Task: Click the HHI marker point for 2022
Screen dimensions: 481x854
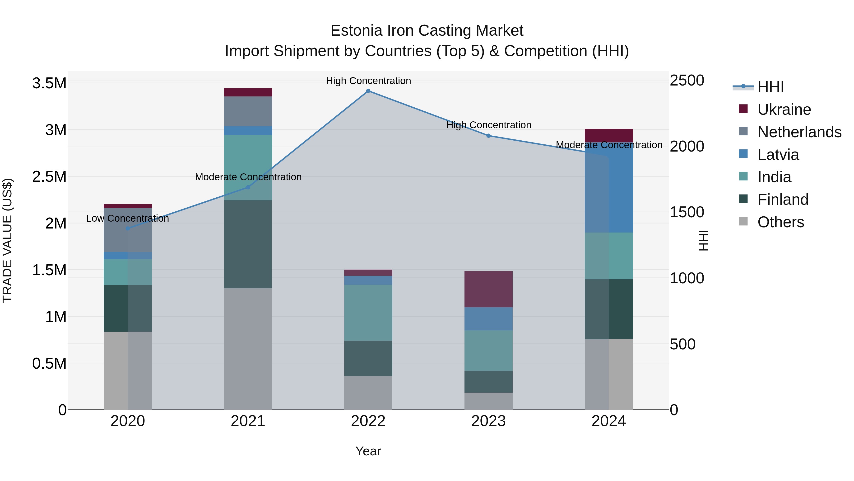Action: pos(368,91)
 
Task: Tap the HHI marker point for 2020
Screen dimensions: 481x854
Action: pos(128,228)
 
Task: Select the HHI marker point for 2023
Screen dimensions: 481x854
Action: pos(488,136)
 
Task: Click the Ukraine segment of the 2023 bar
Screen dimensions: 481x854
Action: pos(488,289)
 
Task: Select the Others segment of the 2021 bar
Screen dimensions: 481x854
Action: pos(248,348)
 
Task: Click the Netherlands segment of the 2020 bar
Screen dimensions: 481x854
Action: pos(128,230)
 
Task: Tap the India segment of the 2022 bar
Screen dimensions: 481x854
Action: pos(368,312)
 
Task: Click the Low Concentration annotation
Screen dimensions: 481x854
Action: pos(128,219)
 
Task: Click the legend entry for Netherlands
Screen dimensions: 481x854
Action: pos(799,132)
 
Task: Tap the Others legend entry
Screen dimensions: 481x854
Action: pos(780,222)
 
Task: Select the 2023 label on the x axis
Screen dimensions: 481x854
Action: pos(488,421)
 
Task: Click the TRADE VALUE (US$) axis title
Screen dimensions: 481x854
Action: pos(8,240)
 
